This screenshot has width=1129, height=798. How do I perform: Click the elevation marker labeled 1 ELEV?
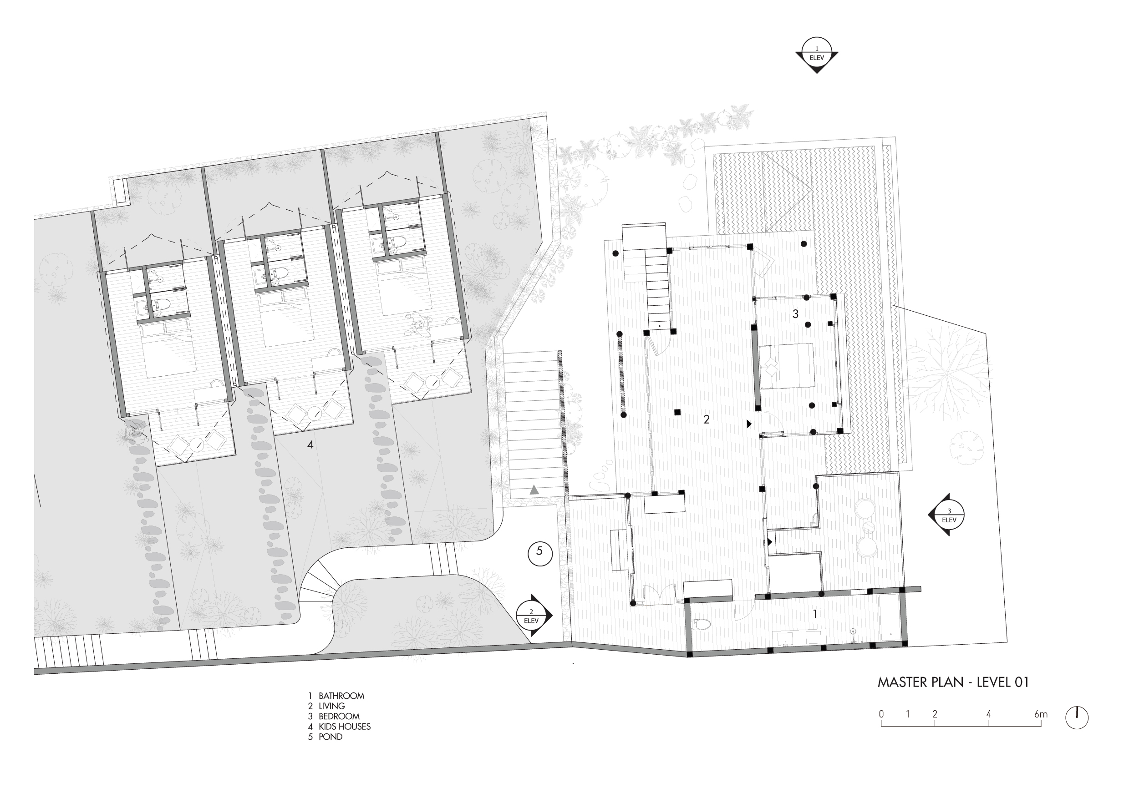click(817, 55)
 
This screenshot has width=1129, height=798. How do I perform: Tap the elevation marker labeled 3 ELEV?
click(946, 515)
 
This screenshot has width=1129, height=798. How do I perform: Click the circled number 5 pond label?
click(540, 553)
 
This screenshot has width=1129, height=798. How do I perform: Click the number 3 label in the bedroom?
click(796, 313)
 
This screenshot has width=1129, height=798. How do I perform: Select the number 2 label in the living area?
click(707, 419)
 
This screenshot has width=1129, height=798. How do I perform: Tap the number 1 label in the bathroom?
click(815, 614)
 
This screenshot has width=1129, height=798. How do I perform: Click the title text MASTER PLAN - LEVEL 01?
click(953, 682)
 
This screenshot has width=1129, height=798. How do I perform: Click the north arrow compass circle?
click(1077, 718)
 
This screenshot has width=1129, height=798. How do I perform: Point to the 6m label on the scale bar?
click(1041, 714)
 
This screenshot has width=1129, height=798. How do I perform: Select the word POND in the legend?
click(331, 737)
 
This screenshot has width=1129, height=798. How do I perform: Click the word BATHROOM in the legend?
click(342, 696)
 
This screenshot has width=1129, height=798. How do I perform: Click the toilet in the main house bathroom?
click(701, 625)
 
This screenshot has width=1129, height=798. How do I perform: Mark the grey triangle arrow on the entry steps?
click(534, 490)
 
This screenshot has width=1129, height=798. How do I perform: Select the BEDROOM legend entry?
click(339, 717)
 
